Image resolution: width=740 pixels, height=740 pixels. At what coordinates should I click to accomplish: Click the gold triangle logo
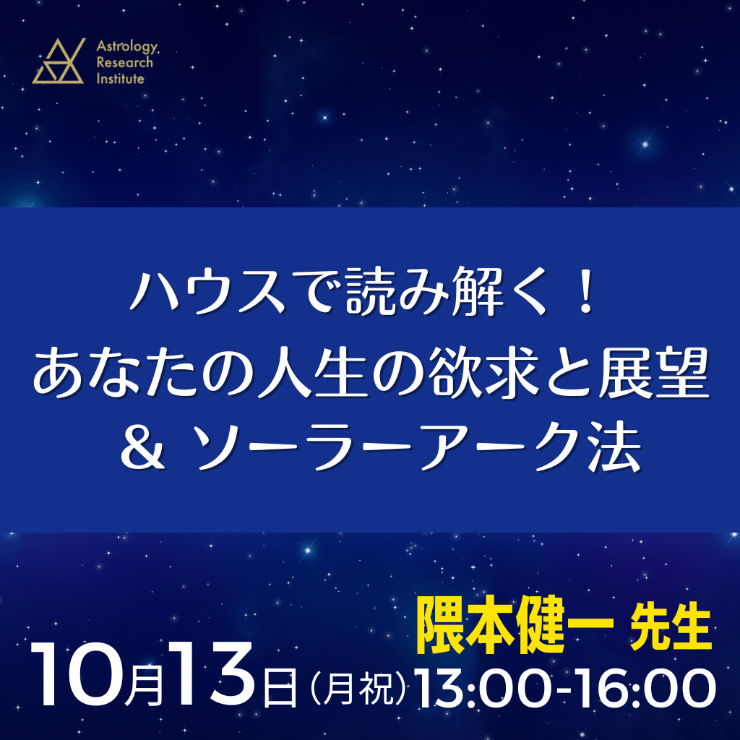(x=59, y=61)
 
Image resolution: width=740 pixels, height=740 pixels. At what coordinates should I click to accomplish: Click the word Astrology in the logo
(x=127, y=46)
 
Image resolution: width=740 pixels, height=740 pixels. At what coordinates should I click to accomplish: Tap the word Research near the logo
(x=124, y=62)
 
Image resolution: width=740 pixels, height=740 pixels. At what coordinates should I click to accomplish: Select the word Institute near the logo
(x=121, y=78)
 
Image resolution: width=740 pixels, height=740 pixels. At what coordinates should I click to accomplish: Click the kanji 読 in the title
(x=371, y=291)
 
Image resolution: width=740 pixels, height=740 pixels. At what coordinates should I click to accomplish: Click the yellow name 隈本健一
(x=515, y=626)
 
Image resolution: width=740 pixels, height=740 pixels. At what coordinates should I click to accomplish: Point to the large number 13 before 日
(x=212, y=674)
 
